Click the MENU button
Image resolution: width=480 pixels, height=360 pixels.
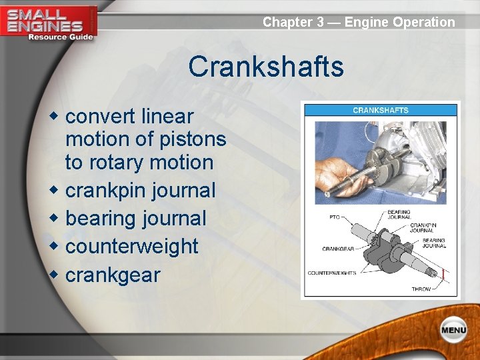(x=453, y=329)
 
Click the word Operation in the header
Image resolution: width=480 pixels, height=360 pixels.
(x=424, y=22)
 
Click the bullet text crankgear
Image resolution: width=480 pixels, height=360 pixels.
(x=113, y=275)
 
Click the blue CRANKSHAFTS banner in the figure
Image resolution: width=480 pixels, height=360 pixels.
(x=380, y=110)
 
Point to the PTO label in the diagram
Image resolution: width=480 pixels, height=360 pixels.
(x=335, y=216)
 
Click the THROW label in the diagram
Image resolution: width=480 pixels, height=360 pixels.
(x=421, y=289)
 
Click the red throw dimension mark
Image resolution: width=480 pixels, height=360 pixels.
(x=443, y=273)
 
